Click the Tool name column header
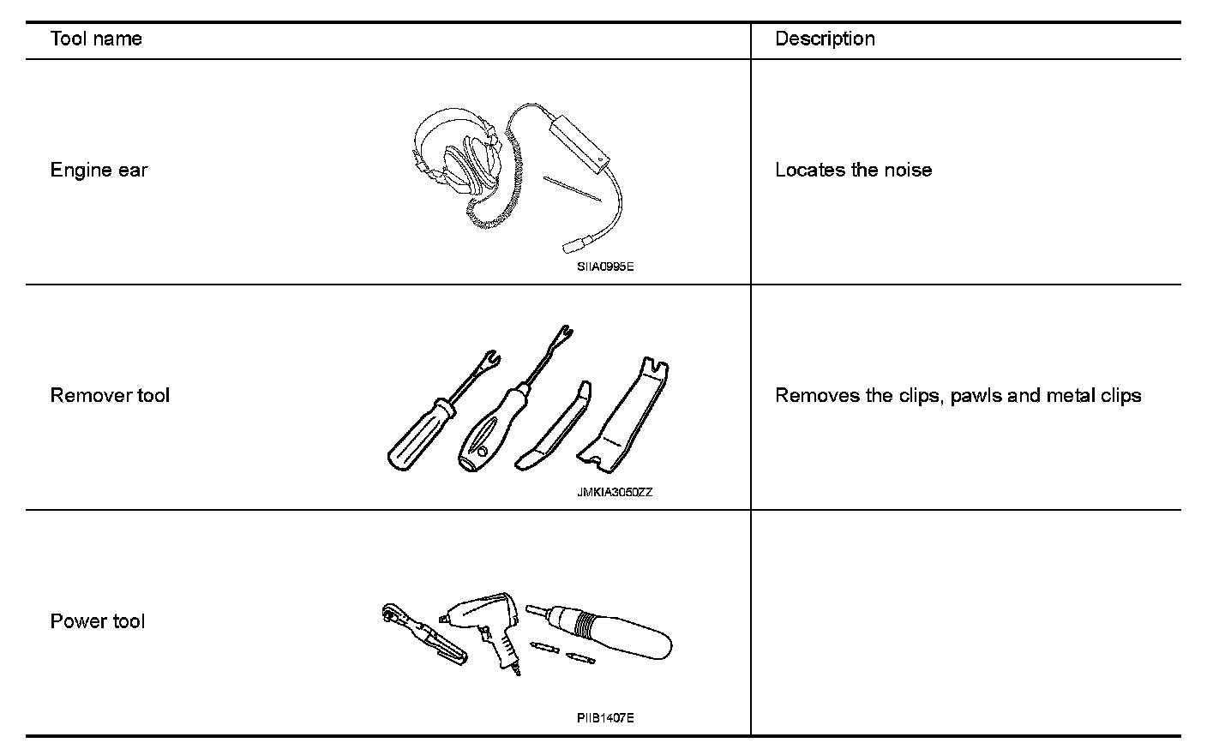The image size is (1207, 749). pyautogui.click(x=96, y=39)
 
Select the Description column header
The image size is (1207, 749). pyautogui.click(x=825, y=39)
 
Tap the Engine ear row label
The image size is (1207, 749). pyautogui.click(x=99, y=171)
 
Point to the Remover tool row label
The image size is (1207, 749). pyautogui.click(x=110, y=396)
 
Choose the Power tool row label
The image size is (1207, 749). pyautogui.click(x=98, y=621)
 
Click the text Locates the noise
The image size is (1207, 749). pyautogui.click(x=853, y=171)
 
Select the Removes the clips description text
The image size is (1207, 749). pyautogui.click(x=958, y=396)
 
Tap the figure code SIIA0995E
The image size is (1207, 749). pyautogui.click(x=605, y=267)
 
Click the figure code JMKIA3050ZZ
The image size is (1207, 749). pyautogui.click(x=615, y=493)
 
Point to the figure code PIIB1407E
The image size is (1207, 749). pyautogui.click(x=605, y=718)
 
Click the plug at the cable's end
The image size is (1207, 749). pyautogui.click(x=573, y=246)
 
